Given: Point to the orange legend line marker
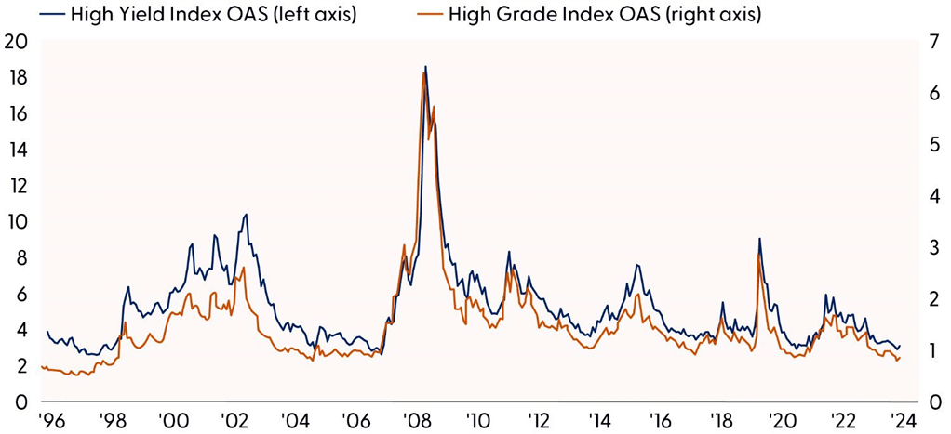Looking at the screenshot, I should click(x=425, y=15).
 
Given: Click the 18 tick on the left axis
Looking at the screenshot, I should click(x=15, y=78).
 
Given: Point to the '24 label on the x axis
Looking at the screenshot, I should click(x=900, y=418).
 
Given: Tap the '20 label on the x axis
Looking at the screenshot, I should click(x=779, y=418).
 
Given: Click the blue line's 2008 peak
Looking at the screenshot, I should click(x=425, y=67).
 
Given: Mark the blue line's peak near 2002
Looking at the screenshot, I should click(x=246, y=215).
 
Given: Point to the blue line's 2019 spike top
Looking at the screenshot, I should click(x=760, y=239).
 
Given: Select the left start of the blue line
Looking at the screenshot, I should click(x=47, y=332).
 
